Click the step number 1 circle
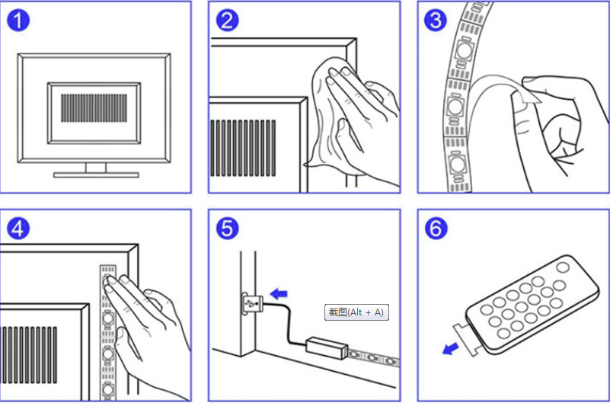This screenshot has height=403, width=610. (x=18, y=21)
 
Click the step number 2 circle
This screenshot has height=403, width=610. (x=227, y=21)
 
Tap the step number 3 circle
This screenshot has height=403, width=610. (x=436, y=21)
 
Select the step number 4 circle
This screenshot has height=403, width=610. (x=18, y=229)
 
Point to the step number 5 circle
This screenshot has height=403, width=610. (x=227, y=229)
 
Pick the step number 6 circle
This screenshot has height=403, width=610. (x=436, y=229)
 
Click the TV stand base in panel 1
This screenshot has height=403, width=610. (x=96, y=174)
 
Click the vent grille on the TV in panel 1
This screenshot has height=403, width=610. (x=94, y=107)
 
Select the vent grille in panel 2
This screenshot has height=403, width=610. (x=243, y=148)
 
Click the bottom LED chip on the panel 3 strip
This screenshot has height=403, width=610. (x=455, y=165)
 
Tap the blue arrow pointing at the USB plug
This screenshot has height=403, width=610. (x=279, y=294)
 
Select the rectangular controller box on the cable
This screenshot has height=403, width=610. (x=327, y=349)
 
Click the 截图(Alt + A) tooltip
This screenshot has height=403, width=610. (x=356, y=312)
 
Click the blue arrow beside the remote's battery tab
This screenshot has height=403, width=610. (x=451, y=349)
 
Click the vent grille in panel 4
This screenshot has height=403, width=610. (x=29, y=355)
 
